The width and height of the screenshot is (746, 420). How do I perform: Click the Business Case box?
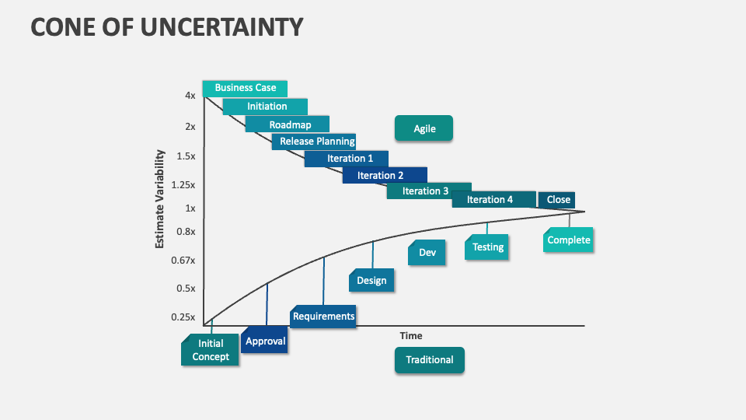pos(245,88)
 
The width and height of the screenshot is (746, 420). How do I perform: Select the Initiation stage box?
pos(266,107)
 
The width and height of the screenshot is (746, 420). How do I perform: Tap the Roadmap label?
pos(288,124)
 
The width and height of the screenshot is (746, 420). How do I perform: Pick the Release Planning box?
pos(315,142)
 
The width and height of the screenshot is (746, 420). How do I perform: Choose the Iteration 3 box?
pos(427,191)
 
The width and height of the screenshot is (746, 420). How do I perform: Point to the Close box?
pos(557,200)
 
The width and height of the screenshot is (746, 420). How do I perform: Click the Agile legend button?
pos(424,129)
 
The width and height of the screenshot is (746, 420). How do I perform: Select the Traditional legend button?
pos(429,360)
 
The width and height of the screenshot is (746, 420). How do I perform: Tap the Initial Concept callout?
pos(211,350)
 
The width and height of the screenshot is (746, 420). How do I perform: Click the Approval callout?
pos(265,341)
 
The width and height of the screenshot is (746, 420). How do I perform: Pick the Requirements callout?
pos(323,316)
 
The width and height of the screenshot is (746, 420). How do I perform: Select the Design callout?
pos(371,281)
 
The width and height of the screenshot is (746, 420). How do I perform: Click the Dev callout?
pos(427,253)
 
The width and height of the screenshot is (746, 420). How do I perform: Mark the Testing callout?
pos(488,247)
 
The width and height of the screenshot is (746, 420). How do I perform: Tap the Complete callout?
pos(569,240)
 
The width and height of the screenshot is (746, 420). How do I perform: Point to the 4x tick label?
pos(190,96)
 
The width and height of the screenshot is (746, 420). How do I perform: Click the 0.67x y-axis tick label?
pos(183,260)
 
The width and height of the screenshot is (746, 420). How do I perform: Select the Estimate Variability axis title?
pos(160,198)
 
